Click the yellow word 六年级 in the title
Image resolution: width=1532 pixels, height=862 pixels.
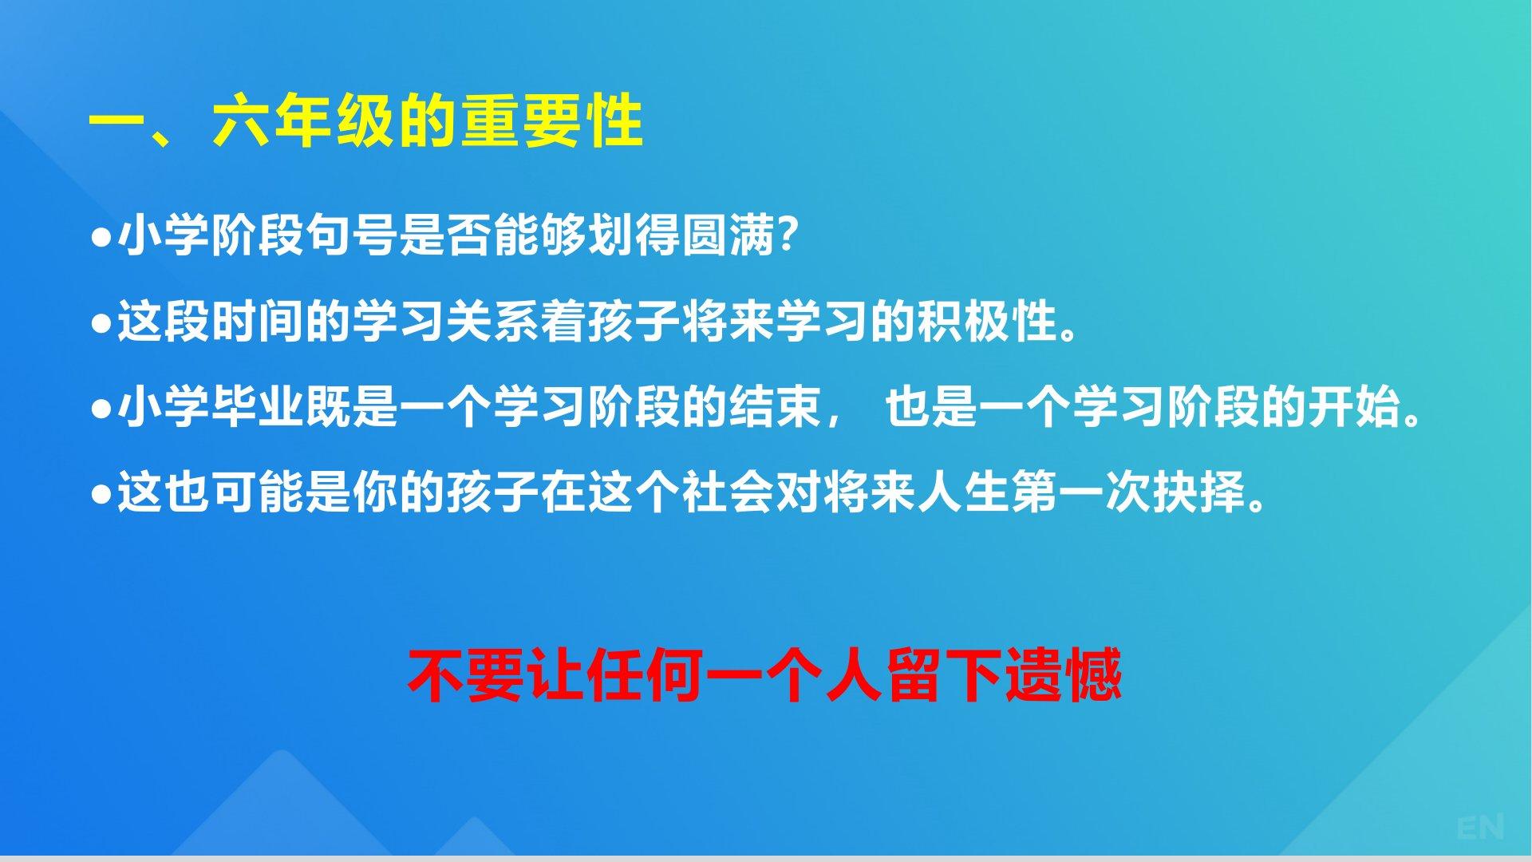pyautogui.click(x=304, y=122)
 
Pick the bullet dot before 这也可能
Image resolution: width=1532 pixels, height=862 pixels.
pyautogui.click(x=101, y=495)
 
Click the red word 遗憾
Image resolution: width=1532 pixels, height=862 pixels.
pyautogui.click(x=1064, y=675)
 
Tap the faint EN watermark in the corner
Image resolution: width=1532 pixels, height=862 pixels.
pyautogui.click(x=1480, y=827)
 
